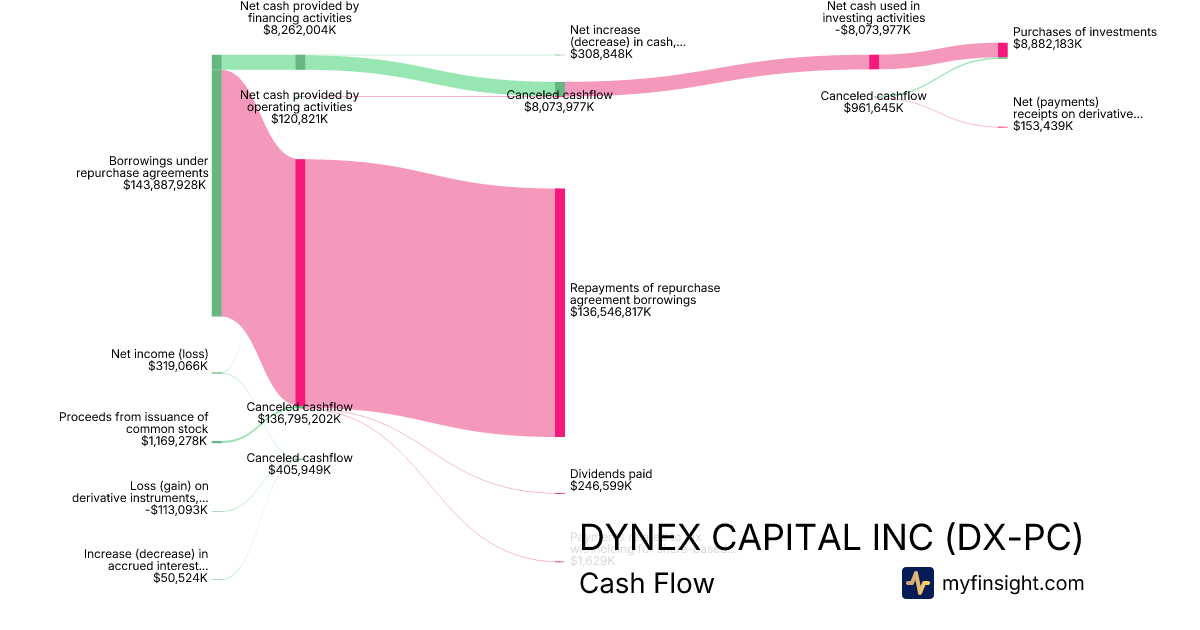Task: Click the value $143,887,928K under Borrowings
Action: [x=165, y=185]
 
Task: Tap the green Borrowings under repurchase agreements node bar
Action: [x=216, y=185]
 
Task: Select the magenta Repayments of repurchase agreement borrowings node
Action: [x=560, y=312]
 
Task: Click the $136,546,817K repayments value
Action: [x=610, y=312]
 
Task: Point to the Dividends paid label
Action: [x=611, y=474]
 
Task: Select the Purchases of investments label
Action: [x=1084, y=32]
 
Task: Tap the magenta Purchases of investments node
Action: [x=1002, y=50]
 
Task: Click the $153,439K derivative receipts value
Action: [x=1043, y=126]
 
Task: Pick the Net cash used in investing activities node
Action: [x=874, y=62]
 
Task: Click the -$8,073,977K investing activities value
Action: [x=875, y=30]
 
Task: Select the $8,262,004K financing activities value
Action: [x=300, y=30]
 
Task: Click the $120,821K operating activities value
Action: [x=299, y=119]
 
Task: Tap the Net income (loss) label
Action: [x=159, y=354]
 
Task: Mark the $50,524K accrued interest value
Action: [x=180, y=577]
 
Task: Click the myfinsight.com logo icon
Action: [x=918, y=583]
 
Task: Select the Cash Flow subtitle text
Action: [x=646, y=584]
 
